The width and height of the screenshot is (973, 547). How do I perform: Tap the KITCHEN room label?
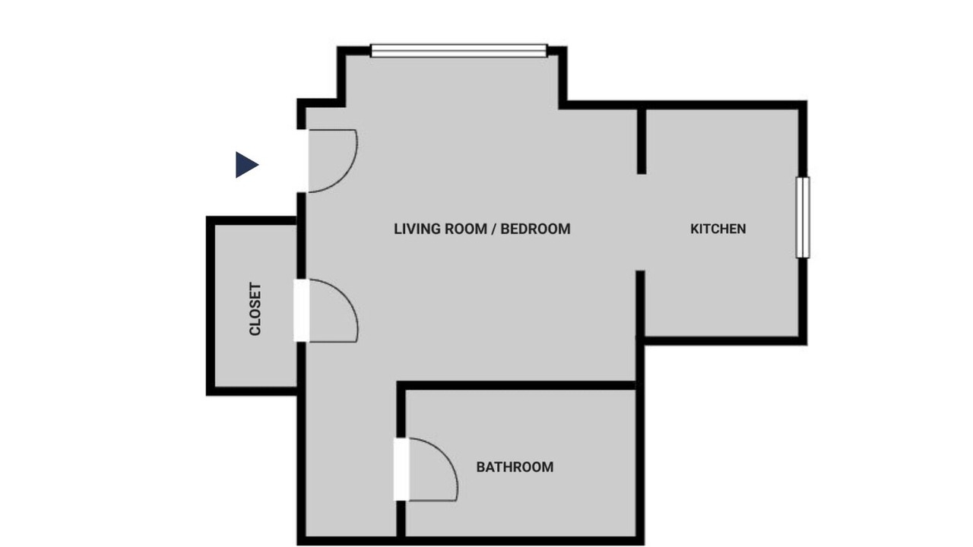718,229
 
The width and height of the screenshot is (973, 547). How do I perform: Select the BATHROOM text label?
515,467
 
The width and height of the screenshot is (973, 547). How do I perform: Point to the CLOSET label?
255,308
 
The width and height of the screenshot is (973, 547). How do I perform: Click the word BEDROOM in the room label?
536,229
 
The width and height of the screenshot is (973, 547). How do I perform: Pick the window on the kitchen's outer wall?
803,217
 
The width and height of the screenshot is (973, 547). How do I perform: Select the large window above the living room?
458,51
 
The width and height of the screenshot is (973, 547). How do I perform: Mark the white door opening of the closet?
302,311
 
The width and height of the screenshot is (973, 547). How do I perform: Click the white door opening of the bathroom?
402,470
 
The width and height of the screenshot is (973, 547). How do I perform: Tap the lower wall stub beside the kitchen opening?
640,304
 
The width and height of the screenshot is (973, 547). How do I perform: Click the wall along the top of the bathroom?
516,385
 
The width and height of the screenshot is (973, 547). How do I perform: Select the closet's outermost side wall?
211,306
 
